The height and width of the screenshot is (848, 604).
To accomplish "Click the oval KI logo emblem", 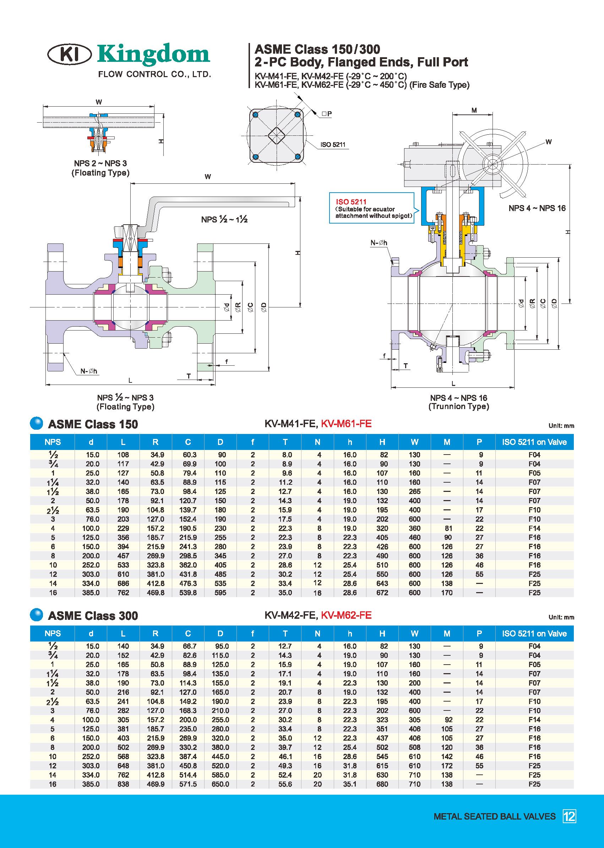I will (x=70, y=55).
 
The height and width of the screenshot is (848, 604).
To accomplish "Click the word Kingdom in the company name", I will (x=154, y=54).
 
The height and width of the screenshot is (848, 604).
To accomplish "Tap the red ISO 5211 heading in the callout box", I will (x=351, y=202).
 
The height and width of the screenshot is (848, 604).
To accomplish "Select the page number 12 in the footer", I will (x=570, y=816).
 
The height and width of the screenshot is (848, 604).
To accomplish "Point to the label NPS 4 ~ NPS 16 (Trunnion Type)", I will (x=458, y=402).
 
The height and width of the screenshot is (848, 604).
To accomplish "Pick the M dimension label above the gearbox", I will (x=474, y=110).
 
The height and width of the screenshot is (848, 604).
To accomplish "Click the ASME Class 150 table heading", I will (x=93, y=424).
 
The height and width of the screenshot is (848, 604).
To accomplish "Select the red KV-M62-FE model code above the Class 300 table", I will (x=346, y=615).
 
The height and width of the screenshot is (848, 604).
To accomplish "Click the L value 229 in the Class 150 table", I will (x=123, y=528).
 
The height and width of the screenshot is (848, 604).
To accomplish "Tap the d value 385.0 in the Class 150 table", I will (x=91, y=592).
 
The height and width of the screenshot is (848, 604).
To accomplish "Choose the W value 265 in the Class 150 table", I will (x=414, y=492).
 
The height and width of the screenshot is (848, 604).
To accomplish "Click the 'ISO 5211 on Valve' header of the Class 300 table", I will (x=534, y=634).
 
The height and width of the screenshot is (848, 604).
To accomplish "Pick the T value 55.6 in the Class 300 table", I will (x=285, y=784).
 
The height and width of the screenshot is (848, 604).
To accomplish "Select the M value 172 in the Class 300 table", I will (x=447, y=766).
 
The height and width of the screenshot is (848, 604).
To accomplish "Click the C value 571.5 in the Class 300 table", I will (x=188, y=784).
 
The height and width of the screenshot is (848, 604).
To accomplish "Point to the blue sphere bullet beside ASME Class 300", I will (x=37, y=614).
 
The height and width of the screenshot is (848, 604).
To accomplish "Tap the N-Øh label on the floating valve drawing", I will (x=88, y=371).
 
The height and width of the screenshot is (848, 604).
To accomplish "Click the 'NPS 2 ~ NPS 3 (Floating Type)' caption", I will (x=100, y=168).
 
